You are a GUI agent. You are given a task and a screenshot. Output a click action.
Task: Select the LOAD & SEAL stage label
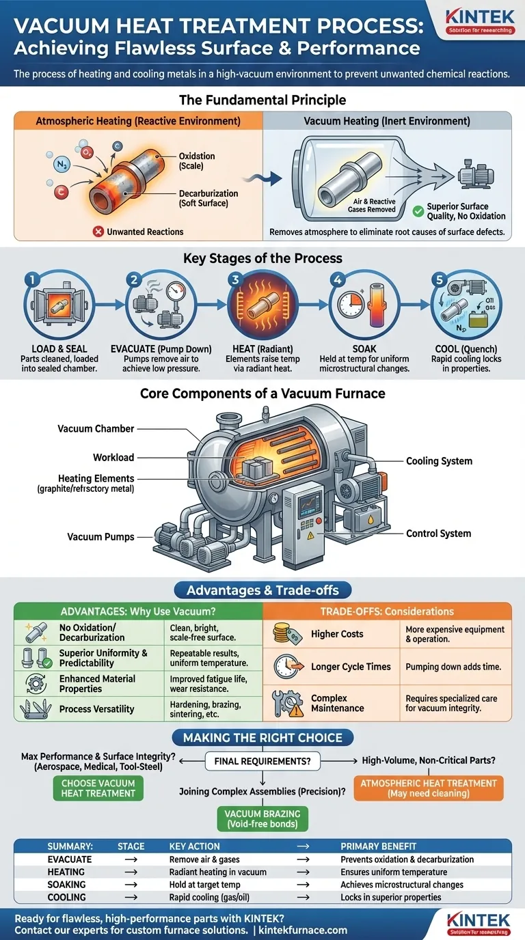[59, 348]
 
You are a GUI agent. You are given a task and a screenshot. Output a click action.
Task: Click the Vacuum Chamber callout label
[96, 428]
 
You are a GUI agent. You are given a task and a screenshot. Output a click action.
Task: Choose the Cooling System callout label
[439, 461]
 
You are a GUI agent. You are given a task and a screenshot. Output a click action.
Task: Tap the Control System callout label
[438, 534]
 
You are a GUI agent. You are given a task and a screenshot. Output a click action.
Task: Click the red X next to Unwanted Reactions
[98, 232]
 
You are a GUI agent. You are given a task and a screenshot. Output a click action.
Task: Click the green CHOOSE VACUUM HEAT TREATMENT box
[98, 788]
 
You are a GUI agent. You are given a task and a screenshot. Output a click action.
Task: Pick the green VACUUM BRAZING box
[262, 818]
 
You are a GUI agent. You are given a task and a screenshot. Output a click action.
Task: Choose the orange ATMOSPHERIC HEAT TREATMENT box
[429, 788]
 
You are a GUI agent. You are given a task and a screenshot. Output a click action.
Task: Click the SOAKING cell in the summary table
[66, 885]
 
